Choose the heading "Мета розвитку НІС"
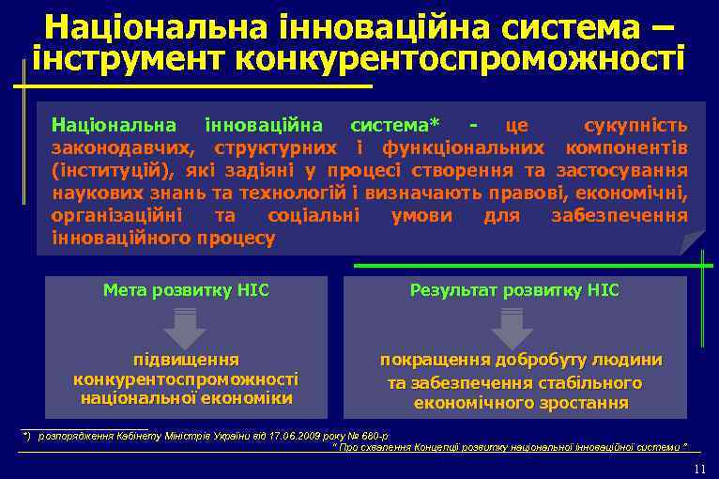(x=186, y=291)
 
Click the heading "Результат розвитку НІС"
(x=514, y=291)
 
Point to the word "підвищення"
(x=186, y=360)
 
